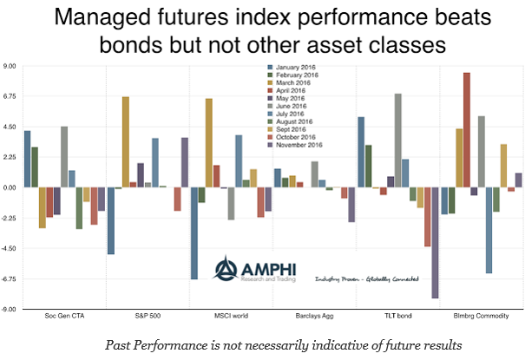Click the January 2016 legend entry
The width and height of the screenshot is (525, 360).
coord(295,68)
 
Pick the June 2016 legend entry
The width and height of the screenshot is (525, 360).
coord(292,107)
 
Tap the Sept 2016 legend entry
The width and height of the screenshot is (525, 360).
coord(292,130)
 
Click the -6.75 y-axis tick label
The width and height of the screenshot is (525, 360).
coord(11,278)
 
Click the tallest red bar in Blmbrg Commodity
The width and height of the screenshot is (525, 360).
coord(467,130)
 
